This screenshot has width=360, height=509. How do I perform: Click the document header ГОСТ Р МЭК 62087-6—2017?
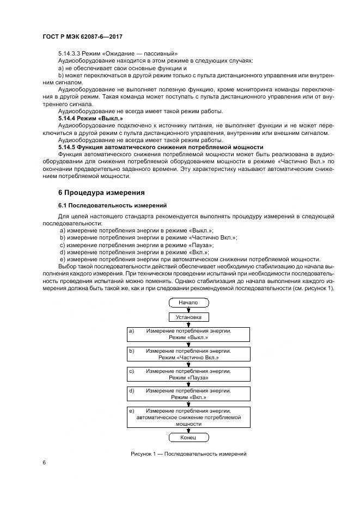click(82, 36)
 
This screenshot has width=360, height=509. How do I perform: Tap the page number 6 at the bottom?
click(44, 462)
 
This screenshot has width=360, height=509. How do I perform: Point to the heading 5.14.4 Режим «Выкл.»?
click(90, 118)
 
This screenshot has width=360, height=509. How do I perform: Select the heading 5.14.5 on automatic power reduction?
click(161, 147)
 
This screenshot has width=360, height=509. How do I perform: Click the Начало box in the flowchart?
click(188, 302)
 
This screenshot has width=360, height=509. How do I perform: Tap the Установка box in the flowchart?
click(188, 316)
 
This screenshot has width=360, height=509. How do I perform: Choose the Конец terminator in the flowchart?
click(188, 437)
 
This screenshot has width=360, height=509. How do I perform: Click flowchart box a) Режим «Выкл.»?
click(188, 334)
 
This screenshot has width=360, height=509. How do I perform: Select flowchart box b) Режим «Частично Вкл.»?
click(188, 354)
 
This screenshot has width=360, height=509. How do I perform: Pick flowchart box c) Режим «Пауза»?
click(188, 375)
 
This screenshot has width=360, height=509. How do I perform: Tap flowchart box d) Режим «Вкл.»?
click(188, 394)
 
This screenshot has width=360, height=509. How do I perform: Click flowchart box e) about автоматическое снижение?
click(188, 416)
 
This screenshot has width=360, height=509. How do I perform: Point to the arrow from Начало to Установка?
click(188, 309)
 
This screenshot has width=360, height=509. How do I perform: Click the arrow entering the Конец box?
click(188, 430)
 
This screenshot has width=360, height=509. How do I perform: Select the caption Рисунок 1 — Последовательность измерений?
click(188, 453)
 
